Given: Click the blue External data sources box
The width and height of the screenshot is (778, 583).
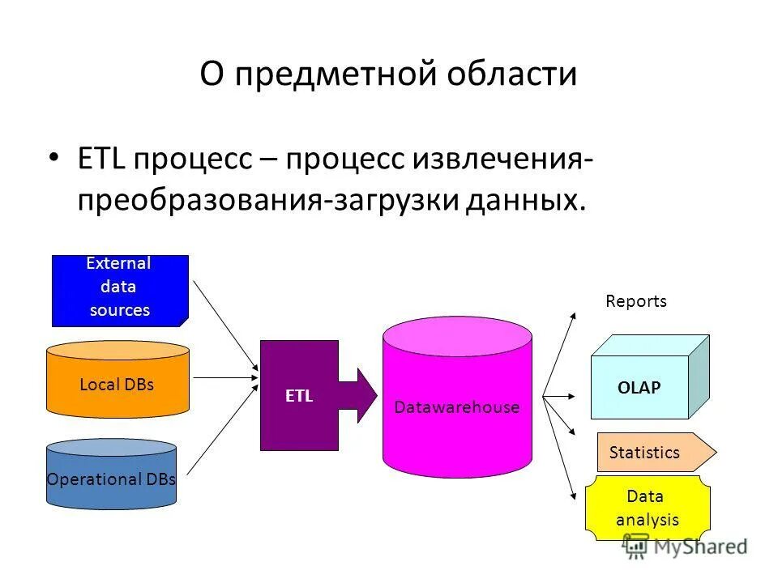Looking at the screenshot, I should (x=120, y=290).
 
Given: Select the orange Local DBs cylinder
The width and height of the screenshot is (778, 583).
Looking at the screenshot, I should (x=118, y=384).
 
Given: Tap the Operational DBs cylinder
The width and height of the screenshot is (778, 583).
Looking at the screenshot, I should (x=111, y=478).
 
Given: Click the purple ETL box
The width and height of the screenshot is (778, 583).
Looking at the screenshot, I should (x=298, y=395).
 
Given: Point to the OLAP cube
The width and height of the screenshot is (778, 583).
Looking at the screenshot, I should (x=640, y=386).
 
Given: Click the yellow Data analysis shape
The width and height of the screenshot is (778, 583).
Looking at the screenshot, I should (x=647, y=508).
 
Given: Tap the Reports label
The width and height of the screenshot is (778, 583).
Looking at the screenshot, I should (x=636, y=301).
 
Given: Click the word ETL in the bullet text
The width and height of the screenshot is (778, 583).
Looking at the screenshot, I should (x=101, y=158).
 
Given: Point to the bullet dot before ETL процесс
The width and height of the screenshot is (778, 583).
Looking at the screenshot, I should (x=53, y=156).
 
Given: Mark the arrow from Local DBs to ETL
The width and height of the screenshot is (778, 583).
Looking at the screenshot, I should (x=225, y=377).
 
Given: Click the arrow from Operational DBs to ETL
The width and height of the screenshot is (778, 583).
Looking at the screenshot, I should (x=224, y=429).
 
